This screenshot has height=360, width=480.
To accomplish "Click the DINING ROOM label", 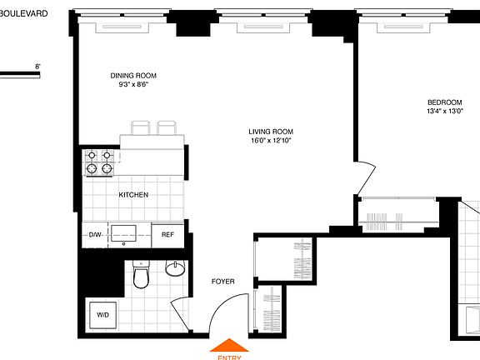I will (x=133, y=76).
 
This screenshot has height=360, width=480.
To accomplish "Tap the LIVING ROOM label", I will (x=271, y=132).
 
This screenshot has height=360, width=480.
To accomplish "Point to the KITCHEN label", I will (x=133, y=195).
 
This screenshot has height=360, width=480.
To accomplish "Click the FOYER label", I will (x=222, y=282).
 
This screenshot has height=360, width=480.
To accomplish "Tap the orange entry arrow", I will (x=230, y=347).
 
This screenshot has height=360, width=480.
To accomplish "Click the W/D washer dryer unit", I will (x=103, y=316).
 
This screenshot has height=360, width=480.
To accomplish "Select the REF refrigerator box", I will (x=167, y=235).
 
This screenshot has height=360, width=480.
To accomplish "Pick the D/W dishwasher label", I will (x=95, y=235).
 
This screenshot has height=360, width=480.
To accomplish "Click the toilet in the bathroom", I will (x=141, y=276).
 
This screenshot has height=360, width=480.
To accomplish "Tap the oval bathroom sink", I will (x=176, y=269).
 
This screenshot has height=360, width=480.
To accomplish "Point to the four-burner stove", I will (x=98, y=161).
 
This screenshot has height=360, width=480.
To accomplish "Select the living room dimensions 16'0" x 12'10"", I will (x=271, y=141).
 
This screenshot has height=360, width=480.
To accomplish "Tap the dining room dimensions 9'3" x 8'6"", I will (x=133, y=85).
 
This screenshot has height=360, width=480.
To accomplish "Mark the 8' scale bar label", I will (x=37, y=66).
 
